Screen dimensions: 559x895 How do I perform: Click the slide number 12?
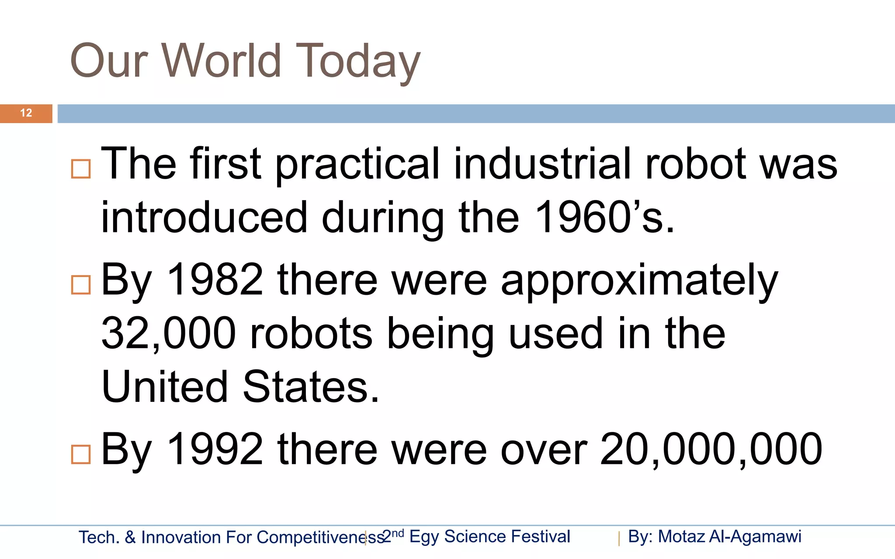26,113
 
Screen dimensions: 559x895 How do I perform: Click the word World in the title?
222,61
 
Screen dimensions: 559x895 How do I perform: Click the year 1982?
215,279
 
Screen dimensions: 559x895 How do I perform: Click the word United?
165,387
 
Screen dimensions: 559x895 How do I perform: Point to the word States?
311,387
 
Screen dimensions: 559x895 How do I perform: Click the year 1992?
215,449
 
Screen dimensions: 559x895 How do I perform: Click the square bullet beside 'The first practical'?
81,169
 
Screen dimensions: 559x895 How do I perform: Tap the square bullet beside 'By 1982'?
81,285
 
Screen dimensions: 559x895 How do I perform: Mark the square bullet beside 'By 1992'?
81,454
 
